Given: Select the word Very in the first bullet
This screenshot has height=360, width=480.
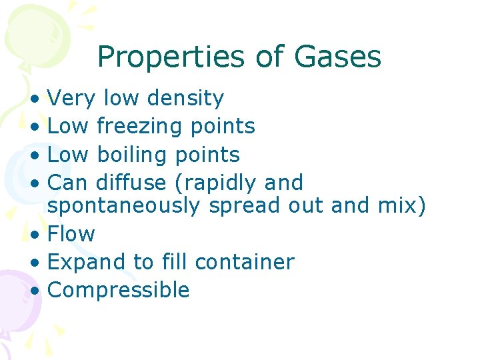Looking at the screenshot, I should pos(72,99).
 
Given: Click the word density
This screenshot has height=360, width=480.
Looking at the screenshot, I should pos(185,99).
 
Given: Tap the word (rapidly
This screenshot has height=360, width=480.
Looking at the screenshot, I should pos(219,183).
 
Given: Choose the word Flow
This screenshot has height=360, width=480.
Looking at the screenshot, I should pos(71,234).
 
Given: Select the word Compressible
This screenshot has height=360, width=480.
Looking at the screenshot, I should pos(119,291).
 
